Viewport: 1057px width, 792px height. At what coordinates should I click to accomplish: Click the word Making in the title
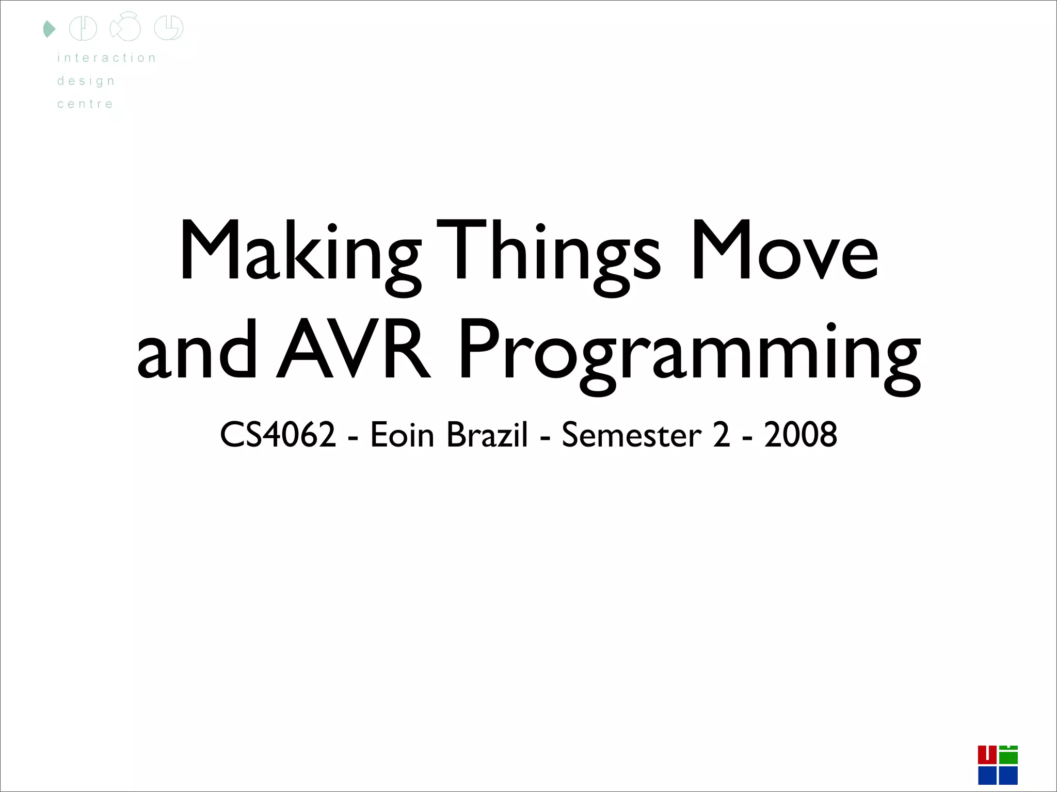(x=299, y=253)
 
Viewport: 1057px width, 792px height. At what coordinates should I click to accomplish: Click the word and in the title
(x=197, y=351)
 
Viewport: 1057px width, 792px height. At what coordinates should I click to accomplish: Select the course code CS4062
(x=278, y=435)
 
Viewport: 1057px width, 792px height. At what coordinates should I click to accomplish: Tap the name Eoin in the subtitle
(x=402, y=435)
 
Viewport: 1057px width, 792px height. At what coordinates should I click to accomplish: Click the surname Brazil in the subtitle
(x=487, y=435)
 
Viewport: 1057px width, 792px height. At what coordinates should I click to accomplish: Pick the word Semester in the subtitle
(x=631, y=435)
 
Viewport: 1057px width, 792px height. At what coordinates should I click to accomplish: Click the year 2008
(x=800, y=435)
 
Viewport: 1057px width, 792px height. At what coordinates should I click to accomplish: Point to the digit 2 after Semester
(x=722, y=435)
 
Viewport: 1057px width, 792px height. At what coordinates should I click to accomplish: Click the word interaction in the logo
(x=106, y=58)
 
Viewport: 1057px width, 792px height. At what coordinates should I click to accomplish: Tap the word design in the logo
(x=86, y=81)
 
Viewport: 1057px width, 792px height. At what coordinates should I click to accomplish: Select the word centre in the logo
(x=85, y=104)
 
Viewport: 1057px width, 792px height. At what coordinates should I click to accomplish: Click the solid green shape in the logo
(x=49, y=29)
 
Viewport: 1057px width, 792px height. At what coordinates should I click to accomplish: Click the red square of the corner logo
(x=987, y=755)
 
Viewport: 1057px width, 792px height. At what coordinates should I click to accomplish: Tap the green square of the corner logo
(x=1008, y=756)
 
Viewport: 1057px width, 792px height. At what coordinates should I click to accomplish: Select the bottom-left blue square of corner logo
(x=987, y=775)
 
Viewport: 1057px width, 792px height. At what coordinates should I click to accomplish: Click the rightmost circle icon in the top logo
(x=169, y=28)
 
